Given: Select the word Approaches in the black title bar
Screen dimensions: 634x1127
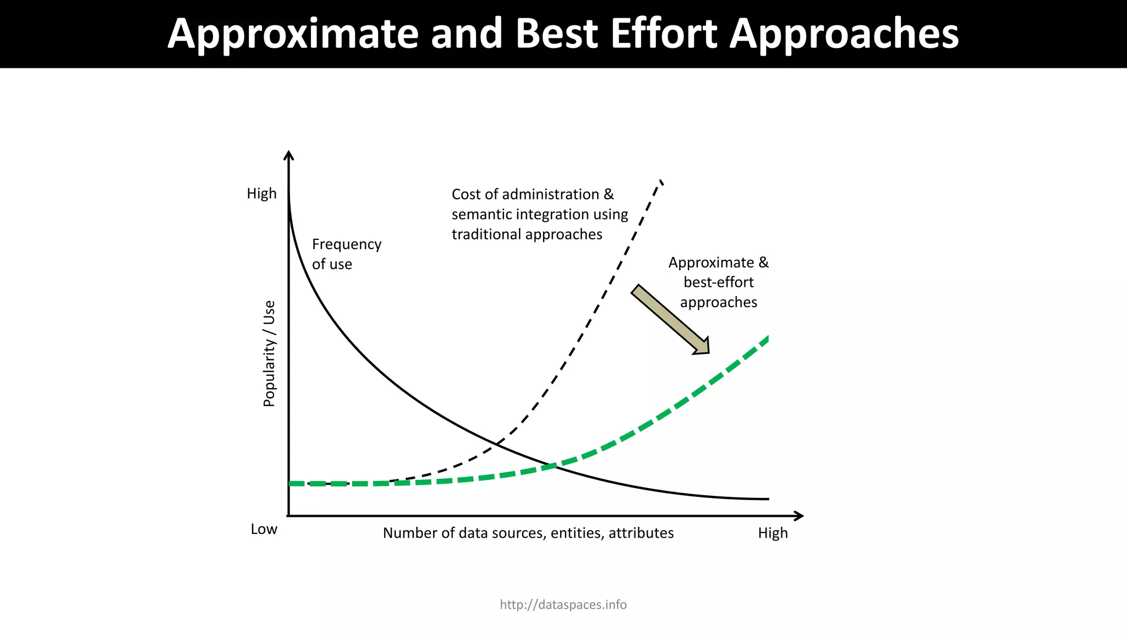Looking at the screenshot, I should click(x=844, y=34).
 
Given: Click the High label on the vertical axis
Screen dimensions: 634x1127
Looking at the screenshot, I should click(x=261, y=194).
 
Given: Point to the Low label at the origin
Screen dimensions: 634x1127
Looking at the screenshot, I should click(x=264, y=529).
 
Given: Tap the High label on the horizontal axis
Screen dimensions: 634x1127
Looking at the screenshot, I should click(x=773, y=533).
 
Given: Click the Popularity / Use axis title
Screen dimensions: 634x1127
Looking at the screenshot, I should click(x=269, y=354).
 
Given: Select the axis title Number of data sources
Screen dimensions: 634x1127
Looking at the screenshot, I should click(x=528, y=533).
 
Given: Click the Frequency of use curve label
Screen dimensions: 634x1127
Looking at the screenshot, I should click(x=346, y=254).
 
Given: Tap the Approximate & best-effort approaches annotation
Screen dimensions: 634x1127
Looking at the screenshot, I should click(x=718, y=282).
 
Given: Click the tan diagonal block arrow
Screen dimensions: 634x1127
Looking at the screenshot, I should click(x=670, y=320).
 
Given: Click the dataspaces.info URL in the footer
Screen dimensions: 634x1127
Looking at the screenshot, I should click(x=563, y=605).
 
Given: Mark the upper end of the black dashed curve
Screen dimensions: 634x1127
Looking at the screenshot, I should click(x=660, y=181).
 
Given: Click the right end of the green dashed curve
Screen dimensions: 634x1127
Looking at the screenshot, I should click(x=766, y=338).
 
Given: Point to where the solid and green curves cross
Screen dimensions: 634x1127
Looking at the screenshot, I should click(x=553, y=467).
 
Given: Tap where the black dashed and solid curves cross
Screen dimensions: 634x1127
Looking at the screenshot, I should click(x=497, y=443).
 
